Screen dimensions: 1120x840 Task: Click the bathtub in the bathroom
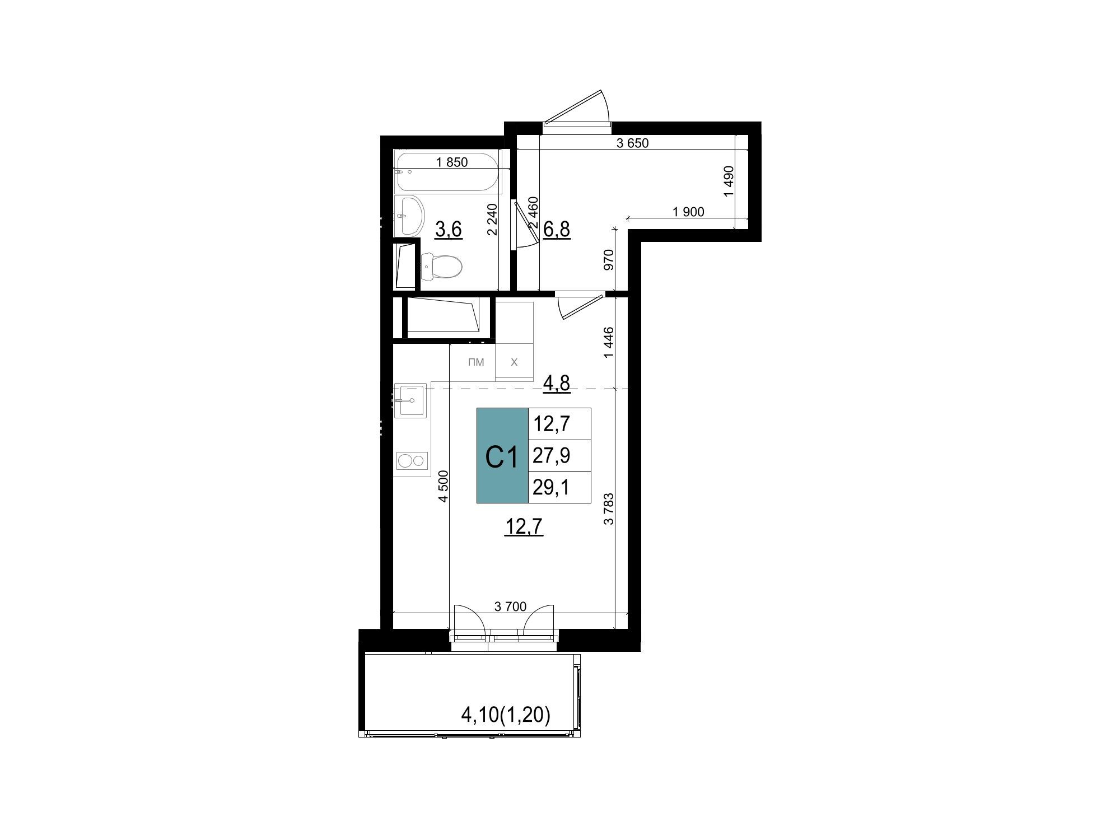click(x=448, y=171)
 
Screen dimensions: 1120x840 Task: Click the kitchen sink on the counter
click(x=410, y=400)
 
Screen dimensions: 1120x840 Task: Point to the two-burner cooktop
click(x=412, y=461)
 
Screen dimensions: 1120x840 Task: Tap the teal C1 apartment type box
click(x=502, y=455)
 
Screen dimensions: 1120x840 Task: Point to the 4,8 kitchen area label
click(x=557, y=383)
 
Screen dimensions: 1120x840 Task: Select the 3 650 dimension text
click(x=632, y=143)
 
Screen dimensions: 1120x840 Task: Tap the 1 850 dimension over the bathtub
click(x=451, y=162)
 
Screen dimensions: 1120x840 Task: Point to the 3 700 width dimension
click(x=510, y=606)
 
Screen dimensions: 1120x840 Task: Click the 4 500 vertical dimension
click(x=444, y=486)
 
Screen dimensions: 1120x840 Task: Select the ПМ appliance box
click(x=476, y=362)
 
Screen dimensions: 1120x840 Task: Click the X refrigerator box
click(x=514, y=362)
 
